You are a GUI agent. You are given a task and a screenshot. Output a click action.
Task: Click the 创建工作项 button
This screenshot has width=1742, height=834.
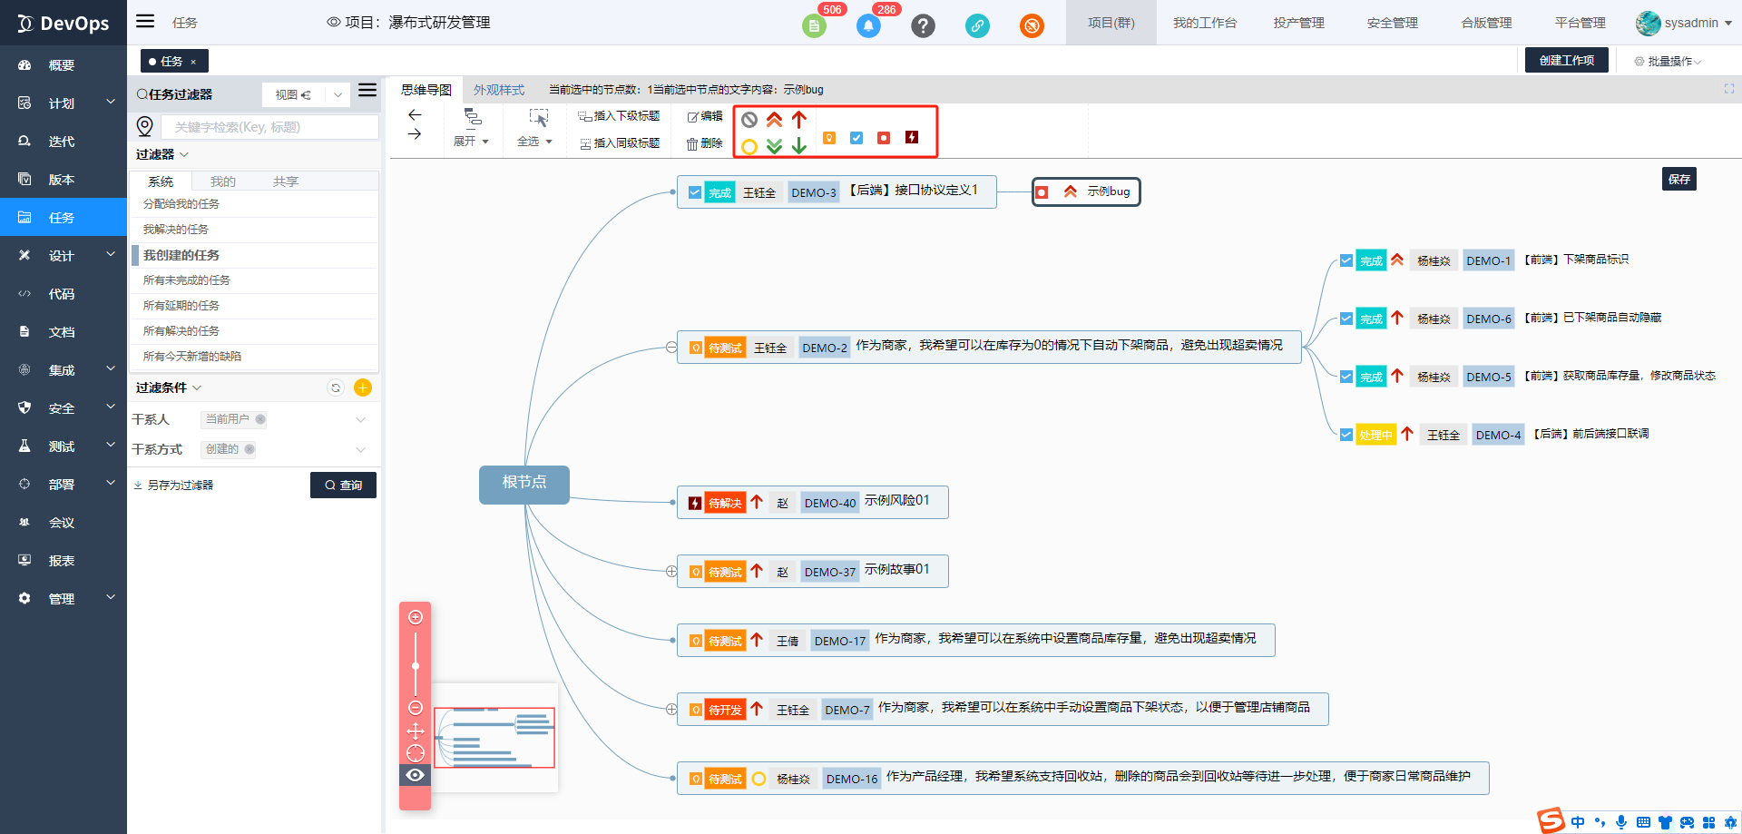(x=1566, y=61)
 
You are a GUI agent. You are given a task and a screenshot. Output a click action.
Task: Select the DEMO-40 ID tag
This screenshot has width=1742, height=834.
(x=829, y=503)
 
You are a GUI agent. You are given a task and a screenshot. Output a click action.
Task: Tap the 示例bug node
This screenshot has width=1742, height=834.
(x=1086, y=192)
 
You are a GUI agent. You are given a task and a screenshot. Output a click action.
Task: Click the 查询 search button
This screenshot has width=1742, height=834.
(x=343, y=486)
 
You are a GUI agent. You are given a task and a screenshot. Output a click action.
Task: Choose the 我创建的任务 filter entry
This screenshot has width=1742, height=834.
(x=181, y=255)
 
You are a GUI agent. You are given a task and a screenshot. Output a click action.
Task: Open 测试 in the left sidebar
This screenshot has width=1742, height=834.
(x=62, y=446)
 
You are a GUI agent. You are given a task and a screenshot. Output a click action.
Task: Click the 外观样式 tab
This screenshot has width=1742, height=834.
(x=499, y=90)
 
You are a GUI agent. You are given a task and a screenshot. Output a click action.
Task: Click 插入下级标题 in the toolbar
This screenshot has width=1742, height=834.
(x=619, y=116)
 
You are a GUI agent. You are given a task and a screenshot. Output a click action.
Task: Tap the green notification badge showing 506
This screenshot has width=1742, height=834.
(x=814, y=25)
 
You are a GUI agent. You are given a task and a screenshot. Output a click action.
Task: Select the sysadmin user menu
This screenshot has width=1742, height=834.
(x=1684, y=24)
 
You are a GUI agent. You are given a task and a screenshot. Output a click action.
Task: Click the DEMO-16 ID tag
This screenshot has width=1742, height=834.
(x=851, y=779)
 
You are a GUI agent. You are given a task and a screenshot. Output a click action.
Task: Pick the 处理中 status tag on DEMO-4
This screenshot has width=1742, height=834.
(x=1375, y=435)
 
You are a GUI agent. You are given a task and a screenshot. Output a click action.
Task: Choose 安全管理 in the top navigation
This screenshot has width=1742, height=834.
(x=1392, y=24)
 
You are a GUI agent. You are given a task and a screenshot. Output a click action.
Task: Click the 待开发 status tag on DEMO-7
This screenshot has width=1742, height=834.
(x=725, y=710)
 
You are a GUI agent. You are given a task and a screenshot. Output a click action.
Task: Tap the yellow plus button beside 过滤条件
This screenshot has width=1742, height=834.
(x=363, y=388)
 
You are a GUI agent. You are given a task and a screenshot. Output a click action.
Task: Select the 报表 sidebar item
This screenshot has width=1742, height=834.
(x=62, y=561)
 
